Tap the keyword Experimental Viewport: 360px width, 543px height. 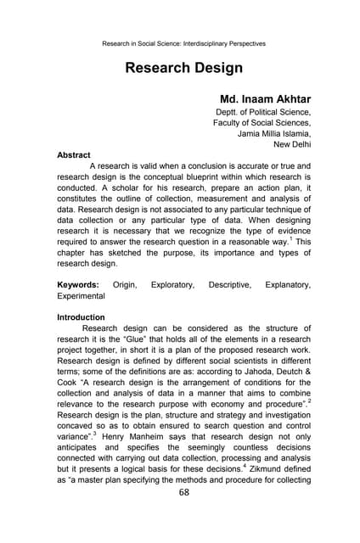[x=80, y=297]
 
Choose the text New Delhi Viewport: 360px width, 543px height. [x=290, y=144]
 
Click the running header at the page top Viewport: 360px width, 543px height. [x=183, y=42]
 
